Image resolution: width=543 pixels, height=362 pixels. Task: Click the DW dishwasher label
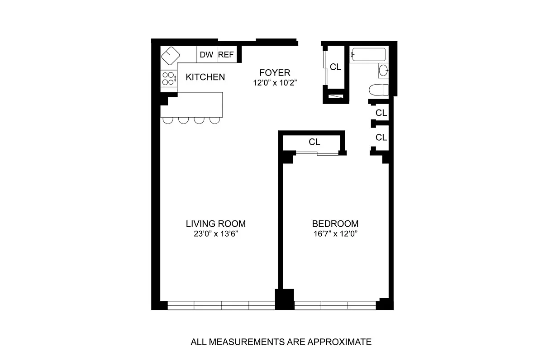206,55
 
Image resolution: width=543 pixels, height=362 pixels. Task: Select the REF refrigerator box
226,55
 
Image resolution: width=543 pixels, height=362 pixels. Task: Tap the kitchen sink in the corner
170,56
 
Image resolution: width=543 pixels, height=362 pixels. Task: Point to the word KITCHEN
205,77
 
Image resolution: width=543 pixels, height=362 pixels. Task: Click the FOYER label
274,72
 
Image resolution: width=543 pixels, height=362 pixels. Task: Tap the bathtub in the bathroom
368,55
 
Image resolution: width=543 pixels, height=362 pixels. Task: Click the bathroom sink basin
383,70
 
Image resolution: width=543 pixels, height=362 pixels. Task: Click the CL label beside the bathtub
335,67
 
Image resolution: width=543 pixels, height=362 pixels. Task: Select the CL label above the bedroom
314,142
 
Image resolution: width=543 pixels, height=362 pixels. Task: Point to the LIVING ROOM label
216,224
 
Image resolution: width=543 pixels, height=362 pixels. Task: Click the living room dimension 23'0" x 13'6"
216,234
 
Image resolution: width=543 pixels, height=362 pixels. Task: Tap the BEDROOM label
335,224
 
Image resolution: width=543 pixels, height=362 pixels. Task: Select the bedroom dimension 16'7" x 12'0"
335,234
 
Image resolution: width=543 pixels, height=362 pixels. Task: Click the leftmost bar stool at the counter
168,120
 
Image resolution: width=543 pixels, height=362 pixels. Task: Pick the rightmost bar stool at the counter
214,120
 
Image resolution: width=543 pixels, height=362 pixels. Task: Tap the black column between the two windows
285,299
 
